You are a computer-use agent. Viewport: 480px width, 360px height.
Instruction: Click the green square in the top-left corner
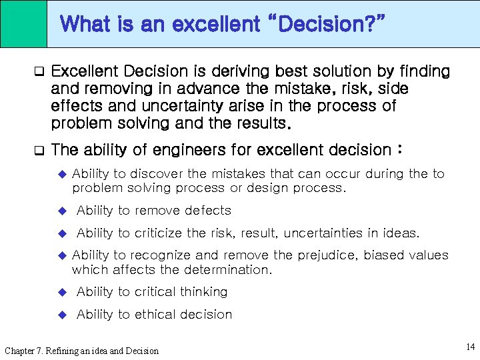23,23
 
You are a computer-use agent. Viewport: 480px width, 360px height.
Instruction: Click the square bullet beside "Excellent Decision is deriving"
39,71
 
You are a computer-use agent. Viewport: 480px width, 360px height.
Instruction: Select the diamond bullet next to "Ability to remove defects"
64,211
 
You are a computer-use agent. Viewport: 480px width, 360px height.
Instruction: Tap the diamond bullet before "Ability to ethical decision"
64,315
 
